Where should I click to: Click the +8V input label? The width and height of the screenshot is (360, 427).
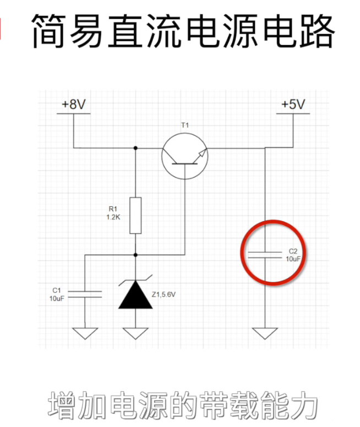tap(74, 105)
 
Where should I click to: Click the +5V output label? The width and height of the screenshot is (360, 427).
tap(293, 105)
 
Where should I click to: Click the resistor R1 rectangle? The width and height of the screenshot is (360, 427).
tap(135, 215)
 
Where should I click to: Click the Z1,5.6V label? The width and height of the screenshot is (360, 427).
tap(163, 295)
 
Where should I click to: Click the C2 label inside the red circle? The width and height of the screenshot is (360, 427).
tap(292, 251)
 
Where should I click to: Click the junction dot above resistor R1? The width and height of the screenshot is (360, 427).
tap(135, 148)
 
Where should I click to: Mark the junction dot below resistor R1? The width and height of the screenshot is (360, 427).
tap(135, 255)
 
